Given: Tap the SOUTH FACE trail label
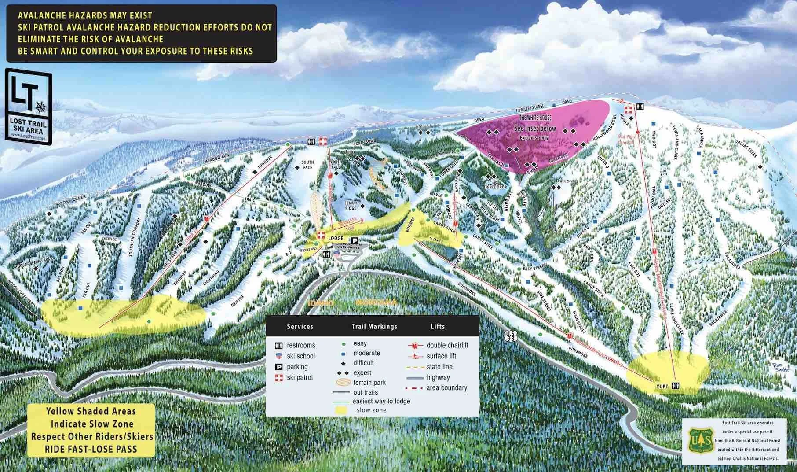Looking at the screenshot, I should click(x=307, y=165).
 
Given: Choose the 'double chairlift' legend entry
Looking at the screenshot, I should click(x=447, y=345).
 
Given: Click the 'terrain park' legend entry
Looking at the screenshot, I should click(x=369, y=383).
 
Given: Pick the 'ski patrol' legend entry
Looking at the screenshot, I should click(x=299, y=377).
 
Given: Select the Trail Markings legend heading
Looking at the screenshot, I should click(x=374, y=326).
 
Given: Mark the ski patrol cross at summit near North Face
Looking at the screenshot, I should click(x=324, y=141).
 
